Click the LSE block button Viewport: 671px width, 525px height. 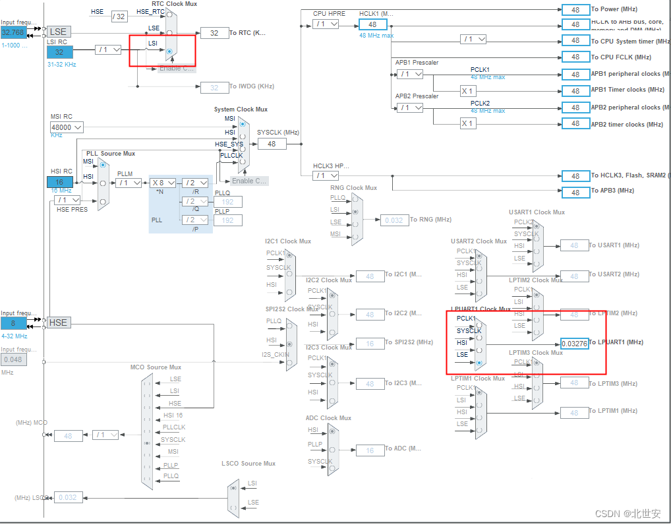pos(58,32)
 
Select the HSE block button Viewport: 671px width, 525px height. pos(58,323)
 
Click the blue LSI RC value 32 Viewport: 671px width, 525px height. pos(59,52)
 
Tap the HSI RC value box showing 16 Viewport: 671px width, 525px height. pos(59,182)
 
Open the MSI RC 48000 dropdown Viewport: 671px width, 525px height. pos(67,127)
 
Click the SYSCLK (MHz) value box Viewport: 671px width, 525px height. pos(271,143)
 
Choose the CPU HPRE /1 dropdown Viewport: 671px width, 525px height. pos(326,24)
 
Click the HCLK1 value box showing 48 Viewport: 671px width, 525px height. pos(372,24)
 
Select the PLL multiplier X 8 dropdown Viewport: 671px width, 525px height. pos(163,183)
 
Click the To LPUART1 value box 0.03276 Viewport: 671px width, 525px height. pos(574,344)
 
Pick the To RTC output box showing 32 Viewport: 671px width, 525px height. pos(214,33)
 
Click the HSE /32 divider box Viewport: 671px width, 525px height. pos(119,16)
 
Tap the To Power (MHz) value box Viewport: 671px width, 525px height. pos(575,10)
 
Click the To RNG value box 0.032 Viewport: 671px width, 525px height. pos(394,220)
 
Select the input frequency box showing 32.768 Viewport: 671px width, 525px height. pos(13,32)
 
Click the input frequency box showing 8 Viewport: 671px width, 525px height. pos(13,323)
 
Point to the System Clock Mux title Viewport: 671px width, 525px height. pos(241,109)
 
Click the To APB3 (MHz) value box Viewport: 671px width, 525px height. pos(575,192)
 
